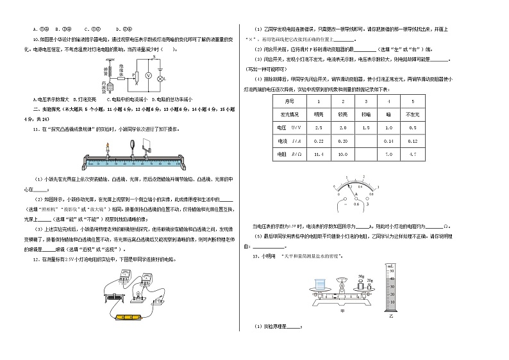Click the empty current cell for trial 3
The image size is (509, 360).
tap(365, 140)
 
